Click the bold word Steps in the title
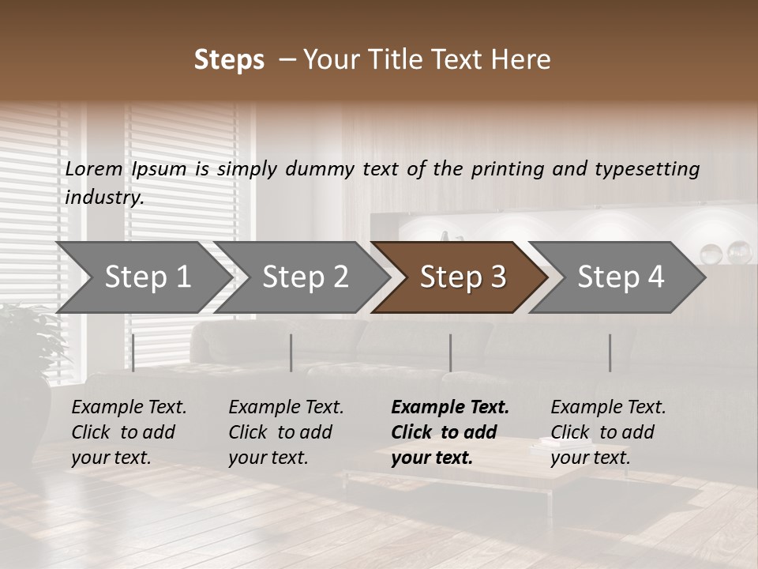(229, 60)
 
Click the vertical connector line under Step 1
(133, 352)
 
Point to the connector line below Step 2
(291, 352)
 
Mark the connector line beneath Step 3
(450, 352)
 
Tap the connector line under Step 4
(610, 352)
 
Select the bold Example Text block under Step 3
(450, 432)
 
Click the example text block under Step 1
(129, 432)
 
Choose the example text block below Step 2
(286, 432)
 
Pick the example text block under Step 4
(608, 432)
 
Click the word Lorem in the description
(94, 168)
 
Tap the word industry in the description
(104, 197)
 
